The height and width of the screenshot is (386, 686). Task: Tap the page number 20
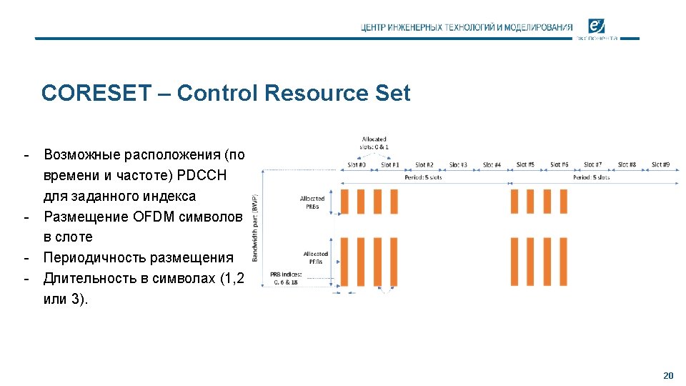[668, 375]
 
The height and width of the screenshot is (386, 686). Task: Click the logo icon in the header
[596, 26]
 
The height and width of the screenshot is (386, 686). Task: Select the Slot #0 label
[357, 165]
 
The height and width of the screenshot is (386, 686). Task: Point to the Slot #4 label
[492, 165]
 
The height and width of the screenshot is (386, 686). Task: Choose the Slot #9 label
[661, 165]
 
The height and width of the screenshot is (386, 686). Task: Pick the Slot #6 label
[560, 165]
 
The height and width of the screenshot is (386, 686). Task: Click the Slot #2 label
[424, 165]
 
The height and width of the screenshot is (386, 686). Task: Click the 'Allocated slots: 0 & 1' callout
[374, 143]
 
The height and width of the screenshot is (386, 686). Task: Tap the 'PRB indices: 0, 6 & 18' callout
[286, 278]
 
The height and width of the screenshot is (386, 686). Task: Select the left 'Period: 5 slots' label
[423, 177]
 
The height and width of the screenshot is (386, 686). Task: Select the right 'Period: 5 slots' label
[592, 177]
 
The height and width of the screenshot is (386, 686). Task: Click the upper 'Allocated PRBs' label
[312, 202]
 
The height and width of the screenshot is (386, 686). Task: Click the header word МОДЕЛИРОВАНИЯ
[538, 27]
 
